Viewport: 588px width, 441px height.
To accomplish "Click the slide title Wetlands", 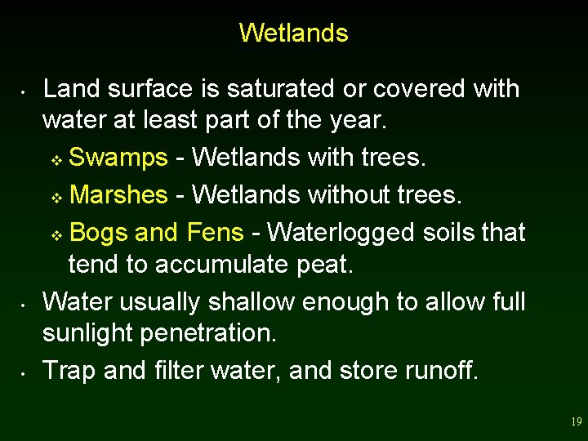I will coord(293,33).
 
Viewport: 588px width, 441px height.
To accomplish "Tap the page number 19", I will coord(576,422).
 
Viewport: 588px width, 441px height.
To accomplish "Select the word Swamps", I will coord(118,157).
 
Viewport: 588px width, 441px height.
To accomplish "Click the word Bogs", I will coord(99,233).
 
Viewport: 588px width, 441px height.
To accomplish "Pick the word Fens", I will coord(215,233).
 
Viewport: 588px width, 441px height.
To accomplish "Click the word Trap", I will coord(69,370).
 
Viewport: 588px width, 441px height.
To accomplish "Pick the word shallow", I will coord(242,301).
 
